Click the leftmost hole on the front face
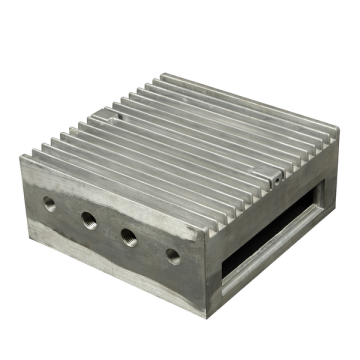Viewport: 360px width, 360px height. (49, 202)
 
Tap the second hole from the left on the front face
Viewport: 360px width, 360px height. (89, 219)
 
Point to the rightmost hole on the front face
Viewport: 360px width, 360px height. (172, 255)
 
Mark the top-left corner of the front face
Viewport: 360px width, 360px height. (22, 158)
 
